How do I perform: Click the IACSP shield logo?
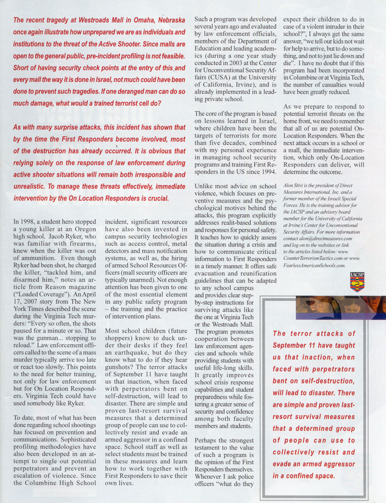click(x=357, y=281)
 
